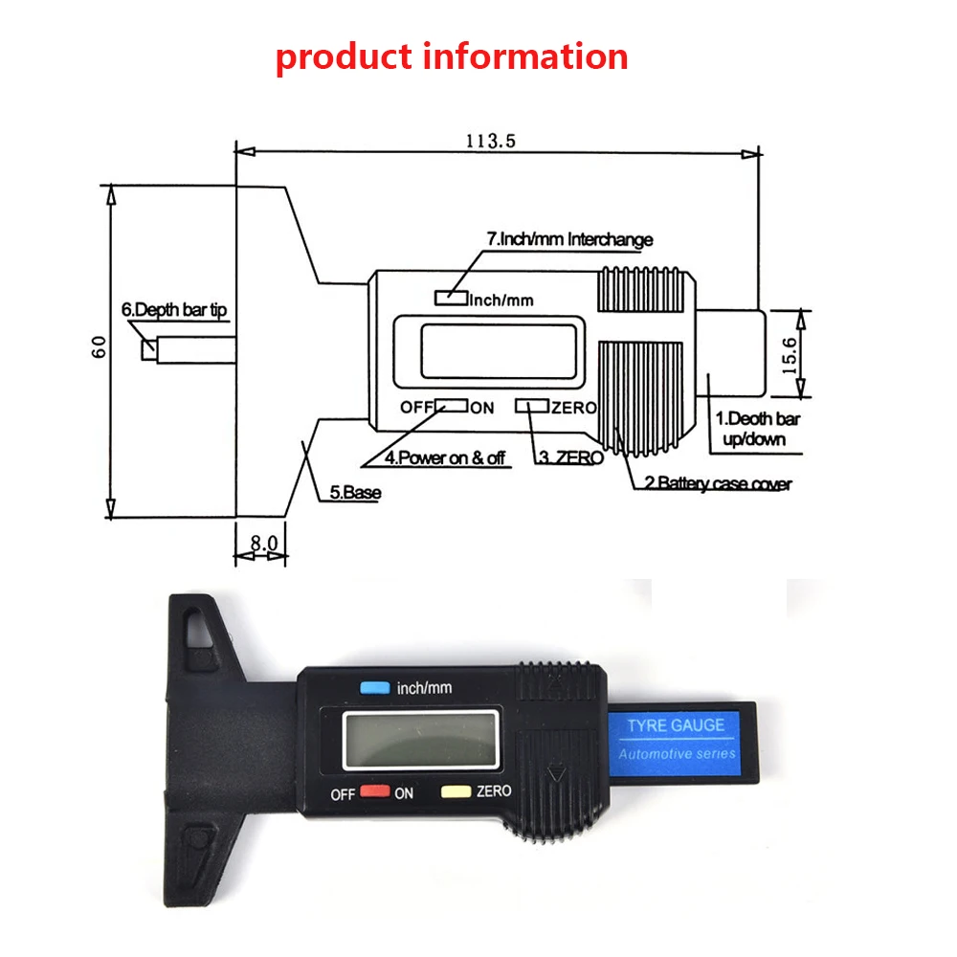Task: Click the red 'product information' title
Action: [x=452, y=56]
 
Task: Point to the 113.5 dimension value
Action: [x=491, y=141]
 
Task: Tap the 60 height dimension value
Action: [x=99, y=346]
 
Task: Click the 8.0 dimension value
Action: [x=263, y=543]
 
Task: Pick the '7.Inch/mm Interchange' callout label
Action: [x=569, y=239]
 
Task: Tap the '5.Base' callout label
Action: [x=355, y=493]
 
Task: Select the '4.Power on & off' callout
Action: [x=445, y=457]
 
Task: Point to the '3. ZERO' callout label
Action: [x=571, y=457]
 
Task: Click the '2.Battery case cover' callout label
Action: [x=724, y=484]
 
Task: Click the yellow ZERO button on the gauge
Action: [x=455, y=792]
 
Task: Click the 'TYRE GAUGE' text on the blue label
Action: [x=676, y=725]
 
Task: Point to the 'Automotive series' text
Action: [x=678, y=754]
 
